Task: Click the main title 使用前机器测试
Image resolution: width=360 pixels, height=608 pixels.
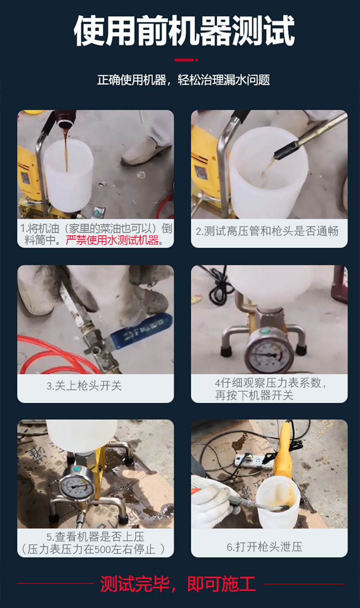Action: [184, 31]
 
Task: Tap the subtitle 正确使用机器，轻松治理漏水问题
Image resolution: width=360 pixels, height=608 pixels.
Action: [183, 80]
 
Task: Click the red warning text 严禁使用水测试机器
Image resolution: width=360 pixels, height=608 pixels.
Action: [112, 240]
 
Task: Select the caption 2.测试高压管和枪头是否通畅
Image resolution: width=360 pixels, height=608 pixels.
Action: [267, 231]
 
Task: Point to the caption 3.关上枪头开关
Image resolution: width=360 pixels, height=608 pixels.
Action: [84, 386]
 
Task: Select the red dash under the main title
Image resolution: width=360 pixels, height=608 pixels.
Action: [184, 60]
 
